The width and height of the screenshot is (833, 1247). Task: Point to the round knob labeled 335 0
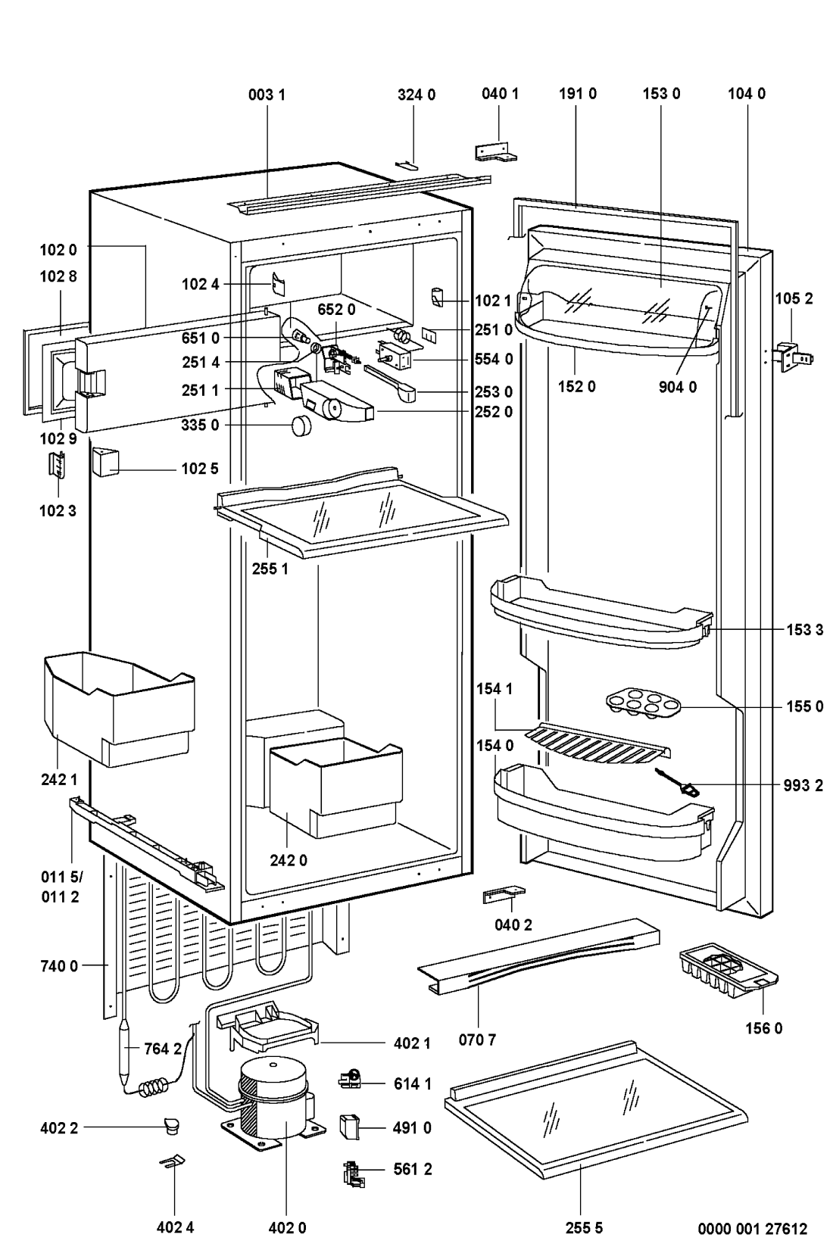[x=301, y=426]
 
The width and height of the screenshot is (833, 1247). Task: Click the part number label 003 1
[x=266, y=95]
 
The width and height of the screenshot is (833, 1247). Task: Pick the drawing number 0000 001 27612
[x=752, y=1228]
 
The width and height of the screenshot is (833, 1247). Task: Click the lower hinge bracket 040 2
[x=504, y=895]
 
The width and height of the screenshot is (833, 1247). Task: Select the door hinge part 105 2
[x=794, y=357]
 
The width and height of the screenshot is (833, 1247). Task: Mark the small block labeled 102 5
[x=106, y=462]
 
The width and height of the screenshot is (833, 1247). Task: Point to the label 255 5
[x=584, y=1227]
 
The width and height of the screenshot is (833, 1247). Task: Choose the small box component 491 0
[x=348, y=1127]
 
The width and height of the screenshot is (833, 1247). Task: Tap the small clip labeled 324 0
[x=406, y=164]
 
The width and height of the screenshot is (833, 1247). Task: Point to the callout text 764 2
[x=163, y=1049]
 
